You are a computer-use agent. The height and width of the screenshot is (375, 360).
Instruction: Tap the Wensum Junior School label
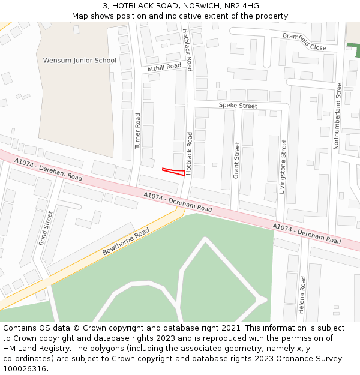click(80, 61)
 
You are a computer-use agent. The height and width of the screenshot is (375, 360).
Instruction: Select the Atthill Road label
click(164, 69)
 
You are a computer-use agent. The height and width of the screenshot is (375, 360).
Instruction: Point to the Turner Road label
click(137, 131)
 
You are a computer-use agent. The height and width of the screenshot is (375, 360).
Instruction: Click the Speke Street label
click(238, 106)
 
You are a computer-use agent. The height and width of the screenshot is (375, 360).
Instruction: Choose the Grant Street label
click(236, 160)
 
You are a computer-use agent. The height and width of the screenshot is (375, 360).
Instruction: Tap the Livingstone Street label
click(283, 166)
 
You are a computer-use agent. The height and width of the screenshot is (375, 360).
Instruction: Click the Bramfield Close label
click(305, 42)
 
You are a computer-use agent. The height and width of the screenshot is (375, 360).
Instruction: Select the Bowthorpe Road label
click(125, 241)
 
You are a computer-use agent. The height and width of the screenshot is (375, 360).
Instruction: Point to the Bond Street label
click(46, 229)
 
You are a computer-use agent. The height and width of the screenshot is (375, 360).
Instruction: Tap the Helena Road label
click(302, 295)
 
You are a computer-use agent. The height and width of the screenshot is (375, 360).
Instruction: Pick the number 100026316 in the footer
click(24, 368)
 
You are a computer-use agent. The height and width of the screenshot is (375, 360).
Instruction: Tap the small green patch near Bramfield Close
click(355, 50)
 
